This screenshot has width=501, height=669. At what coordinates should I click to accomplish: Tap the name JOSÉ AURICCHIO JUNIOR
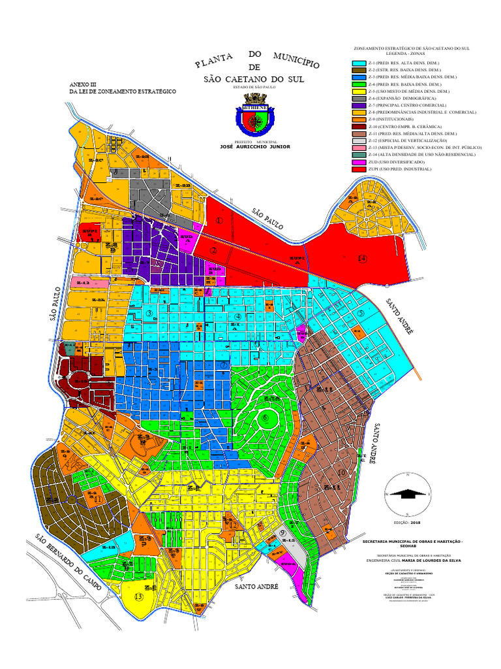[250, 147]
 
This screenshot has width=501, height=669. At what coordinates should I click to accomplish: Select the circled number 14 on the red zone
[363, 259]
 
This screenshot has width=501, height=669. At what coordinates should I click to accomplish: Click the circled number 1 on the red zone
[219, 221]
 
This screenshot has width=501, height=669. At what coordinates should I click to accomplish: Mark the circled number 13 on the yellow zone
[138, 596]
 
